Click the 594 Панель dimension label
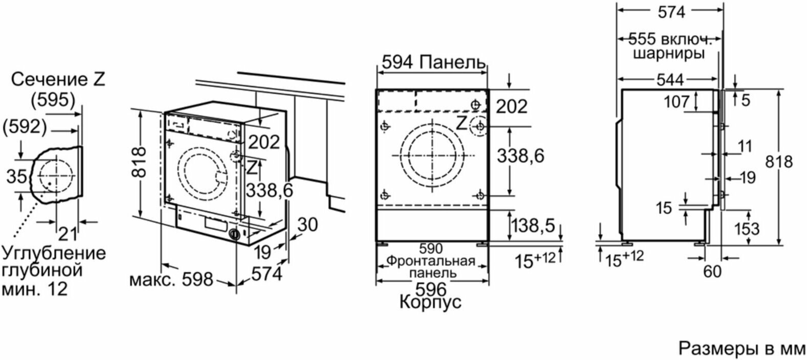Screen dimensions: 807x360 point(434,62)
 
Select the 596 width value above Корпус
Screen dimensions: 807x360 point(431,289)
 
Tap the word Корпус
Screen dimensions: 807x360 point(431,302)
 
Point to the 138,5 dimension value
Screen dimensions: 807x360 point(534,226)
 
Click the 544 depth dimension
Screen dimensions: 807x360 point(670,80)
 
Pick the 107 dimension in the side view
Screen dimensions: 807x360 point(676,102)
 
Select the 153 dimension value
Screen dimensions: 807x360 point(747,229)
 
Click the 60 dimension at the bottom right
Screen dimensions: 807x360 point(712,272)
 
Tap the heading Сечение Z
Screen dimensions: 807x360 point(58,79)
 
